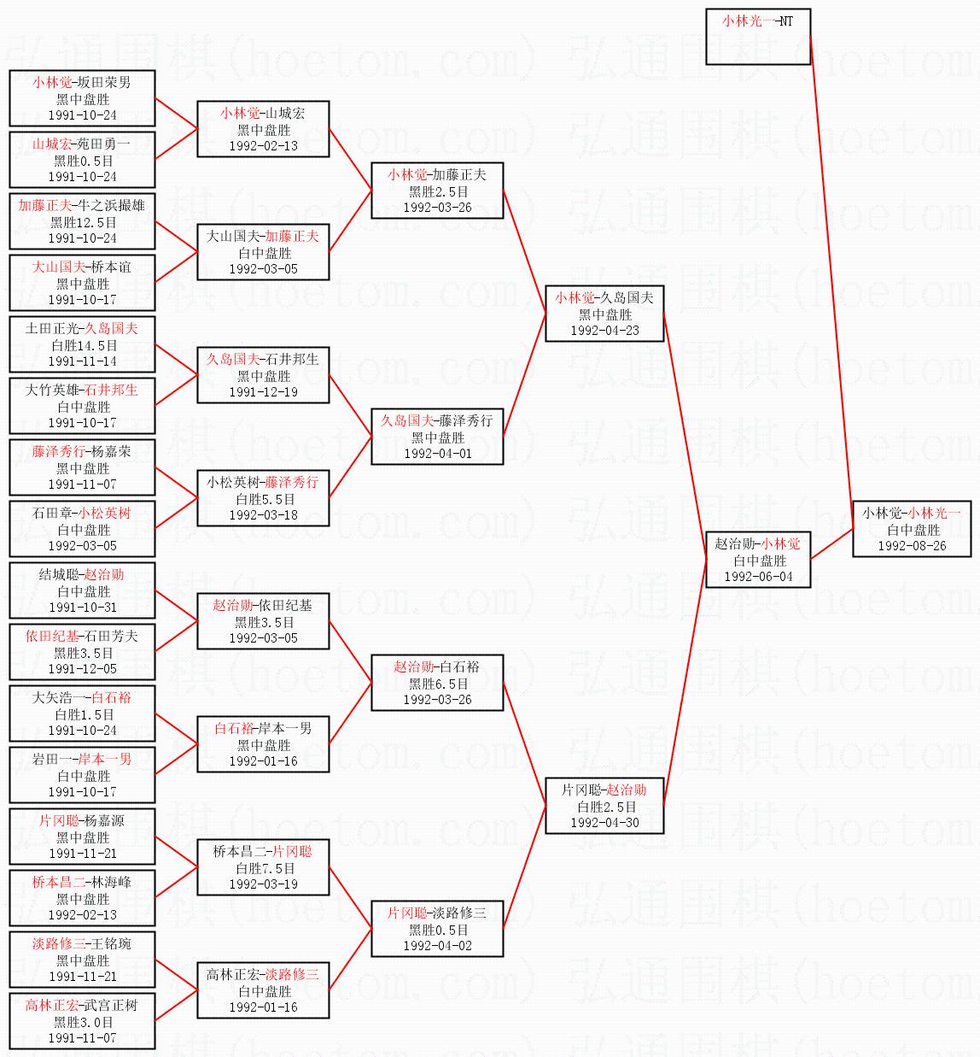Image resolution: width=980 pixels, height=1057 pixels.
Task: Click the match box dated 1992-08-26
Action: pyautogui.click(x=912, y=529)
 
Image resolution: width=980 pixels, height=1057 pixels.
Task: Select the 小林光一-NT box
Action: pyautogui.click(x=757, y=37)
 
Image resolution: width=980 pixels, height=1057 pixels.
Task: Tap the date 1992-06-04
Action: pyautogui.click(x=758, y=577)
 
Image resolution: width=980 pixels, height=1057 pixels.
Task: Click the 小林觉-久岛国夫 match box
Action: pyautogui.click(x=604, y=314)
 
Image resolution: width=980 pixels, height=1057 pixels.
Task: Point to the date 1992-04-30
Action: pyautogui.click(x=604, y=823)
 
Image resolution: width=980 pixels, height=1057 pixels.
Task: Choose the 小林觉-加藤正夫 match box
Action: pyautogui.click(x=437, y=191)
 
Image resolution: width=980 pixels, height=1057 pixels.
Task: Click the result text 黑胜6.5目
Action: pyautogui.click(x=437, y=684)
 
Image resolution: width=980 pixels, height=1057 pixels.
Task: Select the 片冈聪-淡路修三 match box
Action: pyautogui.click(x=437, y=929)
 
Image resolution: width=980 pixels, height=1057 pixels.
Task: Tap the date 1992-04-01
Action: pyautogui.click(x=437, y=454)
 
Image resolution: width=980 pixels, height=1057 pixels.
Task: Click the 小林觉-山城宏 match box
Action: pyautogui.click(x=263, y=129)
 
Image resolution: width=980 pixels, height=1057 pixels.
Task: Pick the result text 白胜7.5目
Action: pyautogui.click(x=263, y=868)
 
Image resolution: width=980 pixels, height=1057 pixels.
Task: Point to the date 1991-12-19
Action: pyautogui.click(x=263, y=392)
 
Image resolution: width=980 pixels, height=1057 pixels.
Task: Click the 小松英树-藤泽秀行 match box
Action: pyautogui.click(x=263, y=498)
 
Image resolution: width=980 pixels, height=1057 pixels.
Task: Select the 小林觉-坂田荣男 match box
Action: pyautogui.click(x=82, y=98)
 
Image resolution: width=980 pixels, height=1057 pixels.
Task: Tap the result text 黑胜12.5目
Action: pyautogui.click(x=82, y=222)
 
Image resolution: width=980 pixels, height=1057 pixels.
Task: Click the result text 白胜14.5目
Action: pyautogui.click(x=82, y=345)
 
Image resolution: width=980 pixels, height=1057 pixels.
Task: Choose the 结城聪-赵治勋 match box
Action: pyautogui.click(x=82, y=590)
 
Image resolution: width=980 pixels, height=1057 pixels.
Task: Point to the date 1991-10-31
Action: pyautogui.click(x=82, y=608)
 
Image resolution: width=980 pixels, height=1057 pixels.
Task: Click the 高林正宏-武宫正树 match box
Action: pyautogui.click(x=82, y=1021)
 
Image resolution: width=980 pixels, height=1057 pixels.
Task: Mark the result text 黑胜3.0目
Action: pyautogui.click(x=82, y=1022)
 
